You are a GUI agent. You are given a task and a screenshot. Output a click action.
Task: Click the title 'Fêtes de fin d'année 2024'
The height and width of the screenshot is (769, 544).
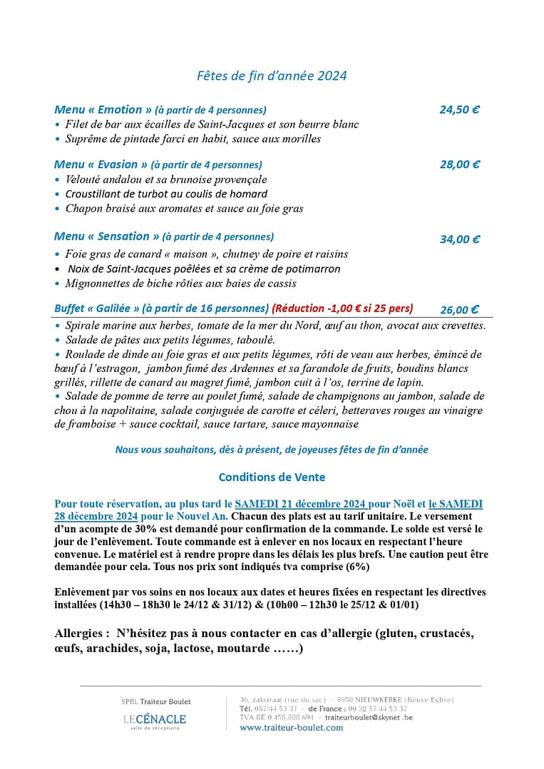pyautogui.click(x=272, y=76)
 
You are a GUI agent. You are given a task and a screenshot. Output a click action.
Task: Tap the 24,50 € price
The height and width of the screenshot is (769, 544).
pyautogui.click(x=459, y=110)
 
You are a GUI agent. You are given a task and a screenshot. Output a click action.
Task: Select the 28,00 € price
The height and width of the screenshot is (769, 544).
pyautogui.click(x=459, y=165)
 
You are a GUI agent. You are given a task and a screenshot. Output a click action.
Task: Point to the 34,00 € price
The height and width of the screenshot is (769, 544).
pyautogui.click(x=459, y=239)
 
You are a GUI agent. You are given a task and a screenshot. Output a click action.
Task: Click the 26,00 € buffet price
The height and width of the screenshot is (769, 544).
pyautogui.click(x=459, y=309)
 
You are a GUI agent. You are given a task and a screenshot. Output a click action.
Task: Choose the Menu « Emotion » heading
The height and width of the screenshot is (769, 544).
pyautogui.click(x=103, y=110)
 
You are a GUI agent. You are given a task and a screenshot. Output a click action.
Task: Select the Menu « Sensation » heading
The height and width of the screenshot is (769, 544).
pyautogui.click(x=107, y=237)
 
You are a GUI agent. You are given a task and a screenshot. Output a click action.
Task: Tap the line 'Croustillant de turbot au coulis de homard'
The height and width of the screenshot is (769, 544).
pyautogui.click(x=166, y=194)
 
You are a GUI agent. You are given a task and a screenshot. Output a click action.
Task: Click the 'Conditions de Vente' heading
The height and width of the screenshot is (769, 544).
pyautogui.click(x=272, y=478)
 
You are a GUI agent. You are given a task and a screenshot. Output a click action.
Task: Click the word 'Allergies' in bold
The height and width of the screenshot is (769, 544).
pyautogui.click(x=81, y=634)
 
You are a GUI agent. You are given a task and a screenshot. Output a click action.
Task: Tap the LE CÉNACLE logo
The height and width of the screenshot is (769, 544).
pyautogui.click(x=155, y=720)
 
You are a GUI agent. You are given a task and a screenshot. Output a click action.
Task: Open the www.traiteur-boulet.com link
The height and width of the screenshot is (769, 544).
pyautogui.click(x=291, y=728)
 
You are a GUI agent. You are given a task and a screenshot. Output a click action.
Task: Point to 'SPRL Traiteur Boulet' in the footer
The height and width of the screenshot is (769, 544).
pyautogui.click(x=156, y=702)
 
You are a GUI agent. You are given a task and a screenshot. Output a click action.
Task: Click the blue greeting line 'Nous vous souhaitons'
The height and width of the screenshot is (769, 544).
pyautogui.click(x=272, y=450)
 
